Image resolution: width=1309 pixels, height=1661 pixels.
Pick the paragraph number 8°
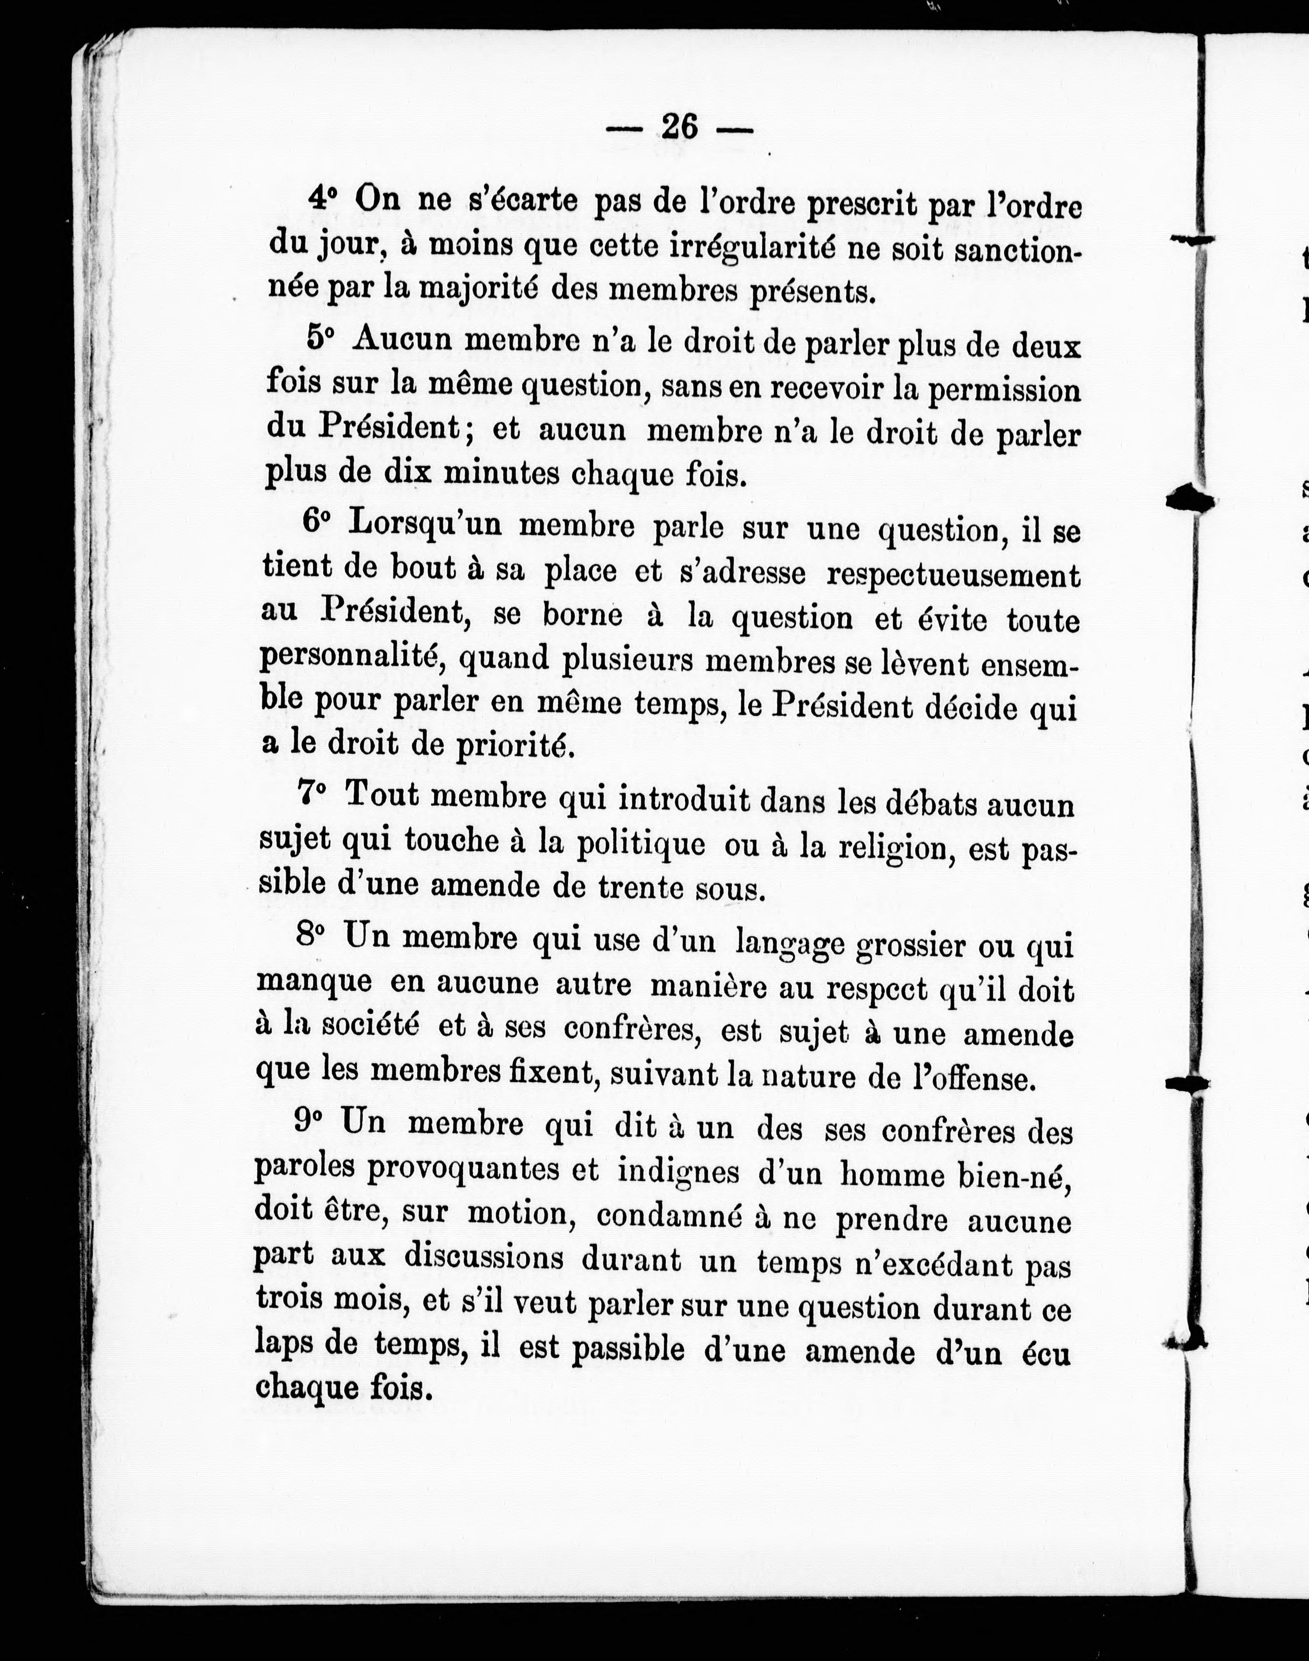point(310,936)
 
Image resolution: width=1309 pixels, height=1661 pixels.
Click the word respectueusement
point(953,574)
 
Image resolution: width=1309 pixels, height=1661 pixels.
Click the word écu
point(1045,1354)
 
